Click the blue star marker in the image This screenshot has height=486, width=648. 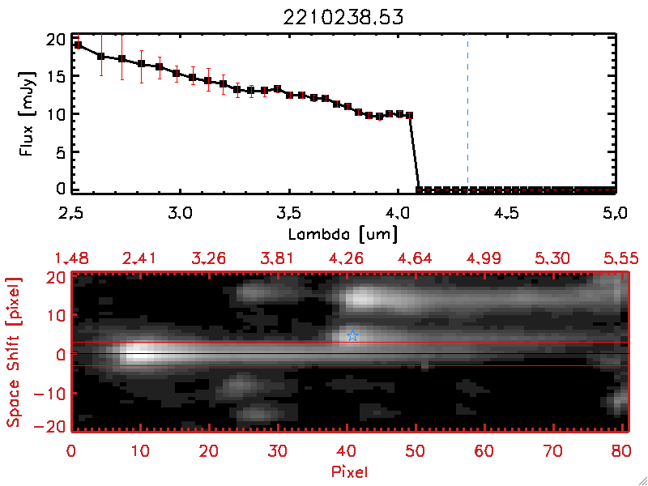352,335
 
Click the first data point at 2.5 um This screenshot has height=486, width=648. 79,45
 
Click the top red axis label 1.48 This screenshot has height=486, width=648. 71,258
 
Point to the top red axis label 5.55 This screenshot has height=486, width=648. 621,258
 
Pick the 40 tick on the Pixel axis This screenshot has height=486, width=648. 347,450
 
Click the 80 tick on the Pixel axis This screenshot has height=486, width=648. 621,450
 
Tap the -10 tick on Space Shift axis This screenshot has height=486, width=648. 53,393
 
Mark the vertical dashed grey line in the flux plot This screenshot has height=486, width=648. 467,113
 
